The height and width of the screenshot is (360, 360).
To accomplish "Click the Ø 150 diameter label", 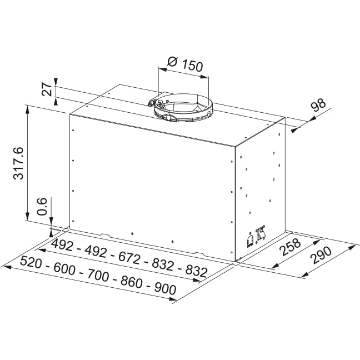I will click(184, 64).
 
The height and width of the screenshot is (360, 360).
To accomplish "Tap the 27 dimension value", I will click(48, 89).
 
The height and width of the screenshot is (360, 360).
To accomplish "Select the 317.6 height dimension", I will click(19, 163).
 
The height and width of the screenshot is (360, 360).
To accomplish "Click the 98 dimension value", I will click(317, 107).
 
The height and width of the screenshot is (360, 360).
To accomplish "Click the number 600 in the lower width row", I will click(66, 269).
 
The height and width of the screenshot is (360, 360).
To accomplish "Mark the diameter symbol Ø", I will click(172, 62).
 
